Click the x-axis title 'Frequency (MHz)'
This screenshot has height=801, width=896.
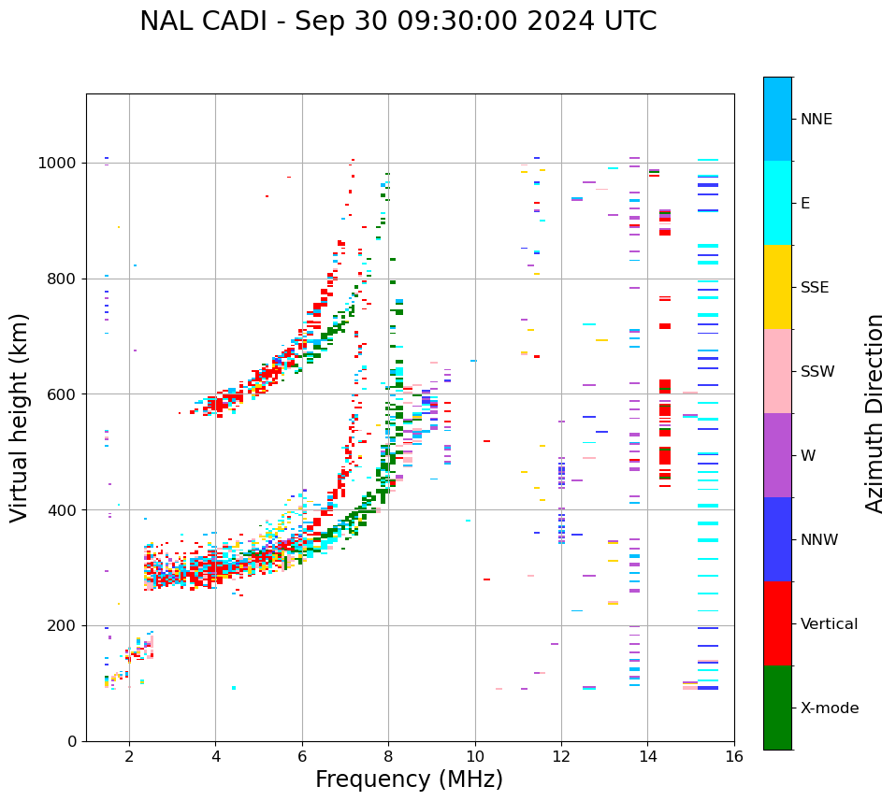(409, 780)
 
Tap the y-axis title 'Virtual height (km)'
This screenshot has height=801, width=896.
(20, 417)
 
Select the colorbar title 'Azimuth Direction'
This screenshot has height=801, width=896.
(874, 413)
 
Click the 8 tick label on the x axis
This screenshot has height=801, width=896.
(388, 756)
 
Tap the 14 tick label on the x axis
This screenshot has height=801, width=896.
(647, 756)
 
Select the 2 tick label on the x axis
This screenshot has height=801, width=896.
(129, 756)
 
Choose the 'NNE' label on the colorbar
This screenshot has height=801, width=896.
(817, 120)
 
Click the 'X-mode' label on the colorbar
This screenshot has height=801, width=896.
(830, 708)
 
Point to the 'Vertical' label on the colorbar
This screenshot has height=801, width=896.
(829, 624)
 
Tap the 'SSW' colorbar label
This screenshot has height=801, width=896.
(817, 372)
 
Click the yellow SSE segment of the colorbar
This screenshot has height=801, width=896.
(777, 287)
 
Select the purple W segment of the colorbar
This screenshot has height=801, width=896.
(777, 455)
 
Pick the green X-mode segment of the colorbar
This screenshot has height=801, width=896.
(777, 708)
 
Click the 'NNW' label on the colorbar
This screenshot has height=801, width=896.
(819, 540)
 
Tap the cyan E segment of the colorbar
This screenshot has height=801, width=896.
(777, 203)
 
